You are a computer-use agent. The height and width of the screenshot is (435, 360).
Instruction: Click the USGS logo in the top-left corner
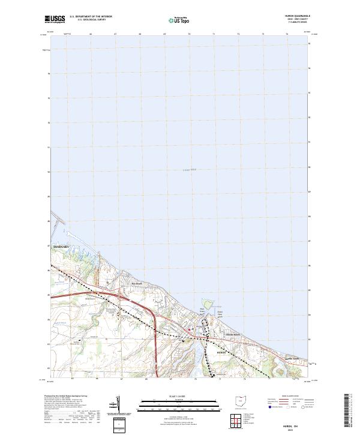coord(55,19)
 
